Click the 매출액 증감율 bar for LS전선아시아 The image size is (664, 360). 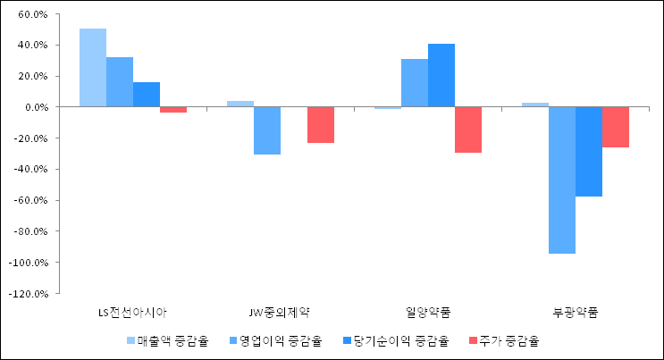[93, 68]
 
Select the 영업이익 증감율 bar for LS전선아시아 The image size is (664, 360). [120, 82]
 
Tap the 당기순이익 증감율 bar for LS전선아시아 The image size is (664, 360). [147, 95]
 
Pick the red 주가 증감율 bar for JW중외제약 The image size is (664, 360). [321, 125]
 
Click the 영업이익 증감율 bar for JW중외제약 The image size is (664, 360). [267, 130]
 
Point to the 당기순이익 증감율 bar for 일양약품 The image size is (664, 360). [441, 75]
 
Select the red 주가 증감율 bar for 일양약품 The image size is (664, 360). [468, 130]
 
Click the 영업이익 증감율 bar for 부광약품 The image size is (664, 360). [562, 180]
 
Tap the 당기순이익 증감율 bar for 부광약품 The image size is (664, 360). [589, 151]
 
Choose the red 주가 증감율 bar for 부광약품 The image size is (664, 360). [616, 127]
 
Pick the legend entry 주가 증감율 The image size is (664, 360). [504, 340]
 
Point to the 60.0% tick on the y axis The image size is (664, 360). [32, 14]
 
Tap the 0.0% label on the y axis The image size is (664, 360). [35, 107]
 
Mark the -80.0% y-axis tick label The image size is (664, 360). [30, 231]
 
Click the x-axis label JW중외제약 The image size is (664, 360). [281, 312]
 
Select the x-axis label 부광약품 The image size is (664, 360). [576, 312]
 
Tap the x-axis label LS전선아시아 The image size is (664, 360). [132, 312]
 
